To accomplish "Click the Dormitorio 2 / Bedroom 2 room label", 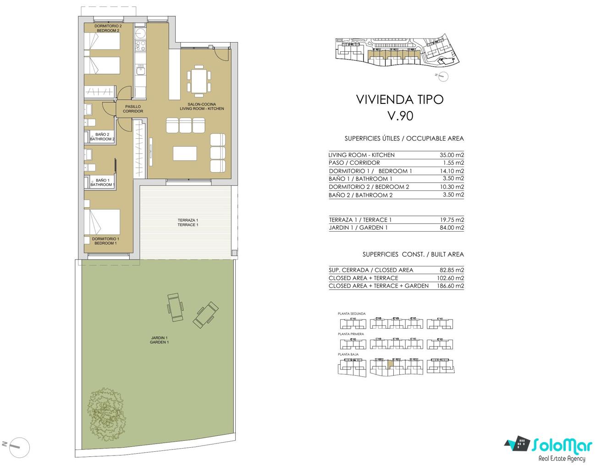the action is [108, 28].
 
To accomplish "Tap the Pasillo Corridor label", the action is [133, 108].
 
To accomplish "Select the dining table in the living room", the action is [199, 81].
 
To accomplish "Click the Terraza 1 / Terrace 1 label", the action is [188, 222].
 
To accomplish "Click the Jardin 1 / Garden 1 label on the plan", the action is [159, 340].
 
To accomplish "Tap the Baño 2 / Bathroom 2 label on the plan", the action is [102, 136].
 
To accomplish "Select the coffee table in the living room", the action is [185, 153].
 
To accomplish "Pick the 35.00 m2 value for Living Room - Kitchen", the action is [452, 155].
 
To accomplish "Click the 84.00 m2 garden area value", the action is [452, 228].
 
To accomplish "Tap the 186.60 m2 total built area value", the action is [450, 286].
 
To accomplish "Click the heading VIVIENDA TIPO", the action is [400, 99].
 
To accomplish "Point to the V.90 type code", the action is [400, 116].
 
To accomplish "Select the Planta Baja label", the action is [348, 354].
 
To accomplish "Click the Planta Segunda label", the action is [352, 314].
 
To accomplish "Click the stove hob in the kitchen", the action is [140, 45].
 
